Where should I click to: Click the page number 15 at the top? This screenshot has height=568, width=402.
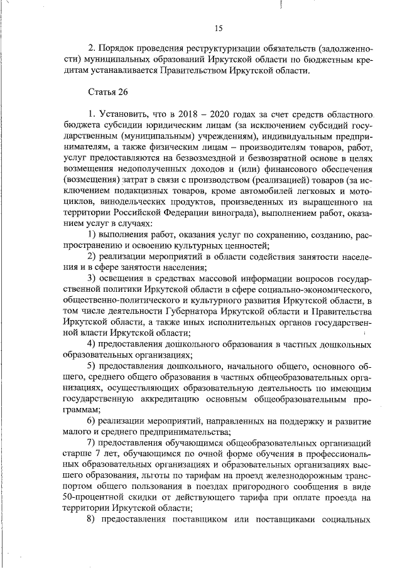219,28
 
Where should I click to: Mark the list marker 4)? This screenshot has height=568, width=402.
91,345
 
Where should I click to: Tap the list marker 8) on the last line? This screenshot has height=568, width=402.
91,520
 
